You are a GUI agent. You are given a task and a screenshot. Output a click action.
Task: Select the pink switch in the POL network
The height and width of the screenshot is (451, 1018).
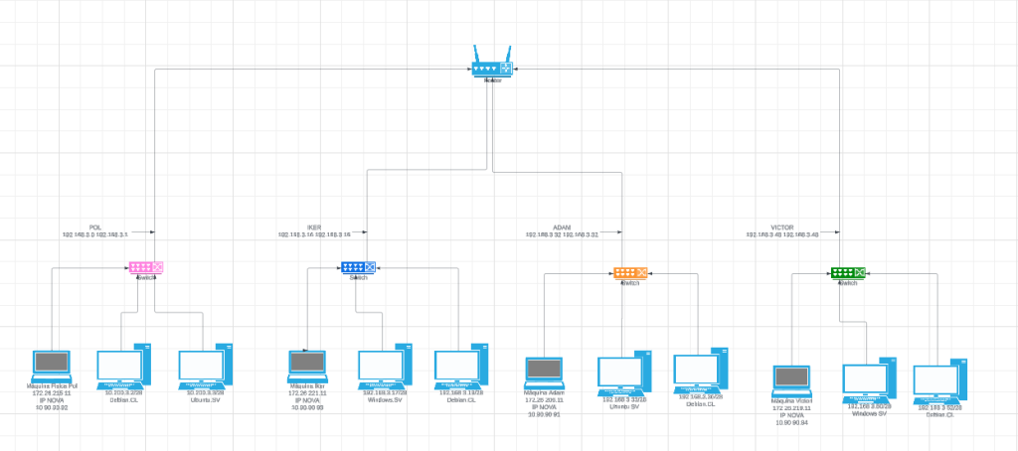tap(145, 267)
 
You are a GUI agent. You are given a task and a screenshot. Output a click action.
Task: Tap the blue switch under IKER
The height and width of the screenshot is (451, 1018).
tap(358, 267)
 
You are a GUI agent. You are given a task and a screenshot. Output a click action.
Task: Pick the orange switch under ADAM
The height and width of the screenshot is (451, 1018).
tap(630, 272)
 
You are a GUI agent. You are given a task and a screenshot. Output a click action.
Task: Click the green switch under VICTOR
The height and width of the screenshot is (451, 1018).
tap(847, 272)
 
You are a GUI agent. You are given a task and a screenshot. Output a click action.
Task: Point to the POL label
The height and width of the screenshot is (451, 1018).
tap(95, 227)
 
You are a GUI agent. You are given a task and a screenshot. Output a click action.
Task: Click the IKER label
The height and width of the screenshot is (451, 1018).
tap(313, 227)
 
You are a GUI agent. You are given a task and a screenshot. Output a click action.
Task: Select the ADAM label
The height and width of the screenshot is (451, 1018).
tap(562, 227)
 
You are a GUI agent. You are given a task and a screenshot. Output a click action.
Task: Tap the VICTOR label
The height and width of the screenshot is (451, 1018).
tap(781, 227)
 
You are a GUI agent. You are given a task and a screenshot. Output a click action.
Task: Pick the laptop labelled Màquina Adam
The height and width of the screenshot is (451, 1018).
tap(544, 373)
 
